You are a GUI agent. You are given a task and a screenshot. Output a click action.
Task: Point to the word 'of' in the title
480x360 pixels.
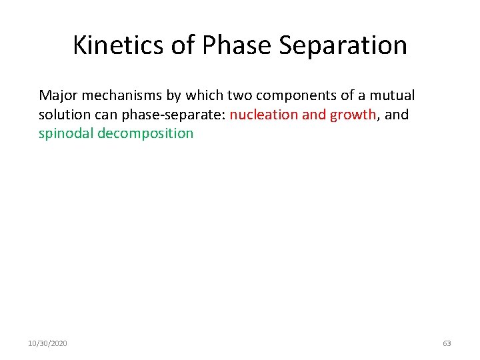185,45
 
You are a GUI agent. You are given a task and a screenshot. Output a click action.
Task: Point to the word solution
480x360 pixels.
63,115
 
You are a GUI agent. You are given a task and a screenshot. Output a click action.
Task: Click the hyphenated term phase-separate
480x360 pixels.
173,115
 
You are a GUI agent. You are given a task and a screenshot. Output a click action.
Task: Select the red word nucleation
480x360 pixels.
264,115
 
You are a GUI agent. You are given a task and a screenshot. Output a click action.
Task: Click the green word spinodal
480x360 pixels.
66,133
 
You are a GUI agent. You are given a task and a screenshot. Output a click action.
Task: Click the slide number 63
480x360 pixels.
447,343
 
